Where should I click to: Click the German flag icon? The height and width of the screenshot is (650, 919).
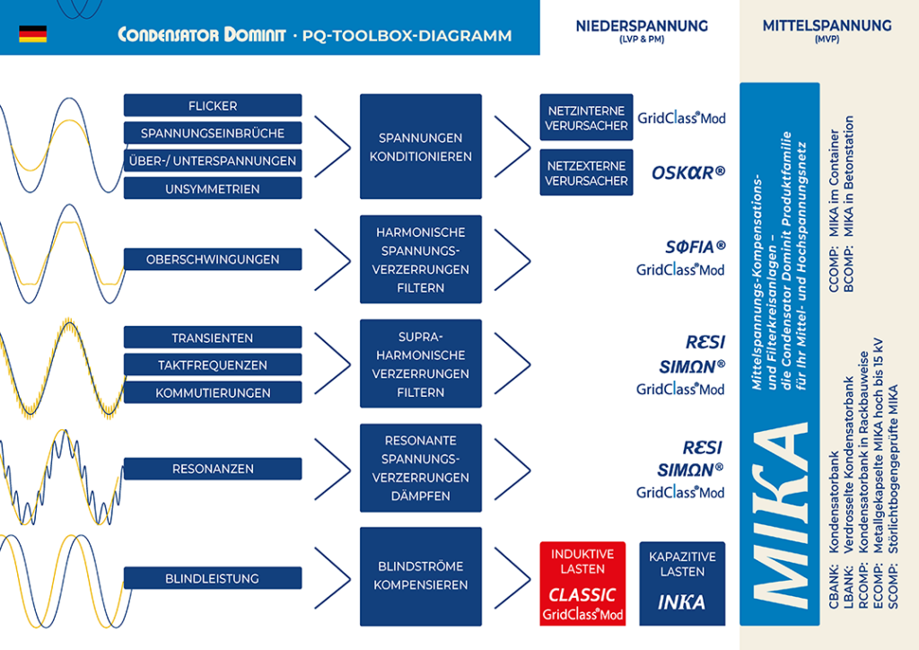pyautogui.click(x=33, y=34)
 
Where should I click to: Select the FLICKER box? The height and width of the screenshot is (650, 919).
pyautogui.click(x=213, y=106)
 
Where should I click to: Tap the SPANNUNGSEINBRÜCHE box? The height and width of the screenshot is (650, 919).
pyautogui.click(x=213, y=133)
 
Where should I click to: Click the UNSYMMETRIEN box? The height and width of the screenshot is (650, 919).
pyautogui.click(x=213, y=189)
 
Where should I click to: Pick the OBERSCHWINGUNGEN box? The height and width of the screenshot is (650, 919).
pyautogui.click(x=213, y=259)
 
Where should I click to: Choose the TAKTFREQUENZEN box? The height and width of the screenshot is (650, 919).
pyautogui.click(x=213, y=365)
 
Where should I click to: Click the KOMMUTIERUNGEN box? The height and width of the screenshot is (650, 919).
pyautogui.click(x=213, y=392)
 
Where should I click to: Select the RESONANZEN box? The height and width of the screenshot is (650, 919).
pyautogui.click(x=213, y=469)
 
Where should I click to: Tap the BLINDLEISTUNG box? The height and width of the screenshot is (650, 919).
pyautogui.click(x=213, y=578)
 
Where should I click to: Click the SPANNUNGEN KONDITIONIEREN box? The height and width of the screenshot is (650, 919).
pyautogui.click(x=421, y=146)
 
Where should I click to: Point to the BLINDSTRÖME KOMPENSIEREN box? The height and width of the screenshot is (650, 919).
pyautogui.click(x=421, y=576)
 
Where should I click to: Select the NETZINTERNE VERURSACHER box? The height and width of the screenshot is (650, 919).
pyautogui.click(x=586, y=118)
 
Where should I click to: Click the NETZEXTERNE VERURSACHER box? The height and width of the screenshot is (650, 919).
pyautogui.click(x=586, y=172)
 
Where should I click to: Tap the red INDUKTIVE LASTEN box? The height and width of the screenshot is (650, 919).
pyautogui.click(x=582, y=584)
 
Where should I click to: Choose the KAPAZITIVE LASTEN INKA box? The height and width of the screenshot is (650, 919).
pyautogui.click(x=682, y=584)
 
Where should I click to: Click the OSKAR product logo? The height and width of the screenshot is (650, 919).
pyautogui.click(x=688, y=173)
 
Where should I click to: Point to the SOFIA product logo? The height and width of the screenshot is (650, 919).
pyautogui.click(x=696, y=247)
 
